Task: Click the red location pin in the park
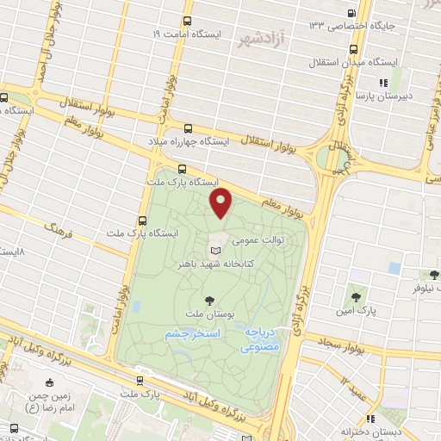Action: click(x=222, y=203)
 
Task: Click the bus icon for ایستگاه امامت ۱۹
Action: click(x=188, y=22)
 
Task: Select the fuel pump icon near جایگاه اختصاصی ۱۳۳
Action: click(x=351, y=13)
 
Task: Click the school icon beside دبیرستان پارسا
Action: click(x=382, y=83)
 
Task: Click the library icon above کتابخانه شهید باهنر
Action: click(x=215, y=248)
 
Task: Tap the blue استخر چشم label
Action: click(x=193, y=332)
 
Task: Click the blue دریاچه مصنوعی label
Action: click(x=260, y=339)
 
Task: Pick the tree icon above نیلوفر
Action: click(x=433, y=275)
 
